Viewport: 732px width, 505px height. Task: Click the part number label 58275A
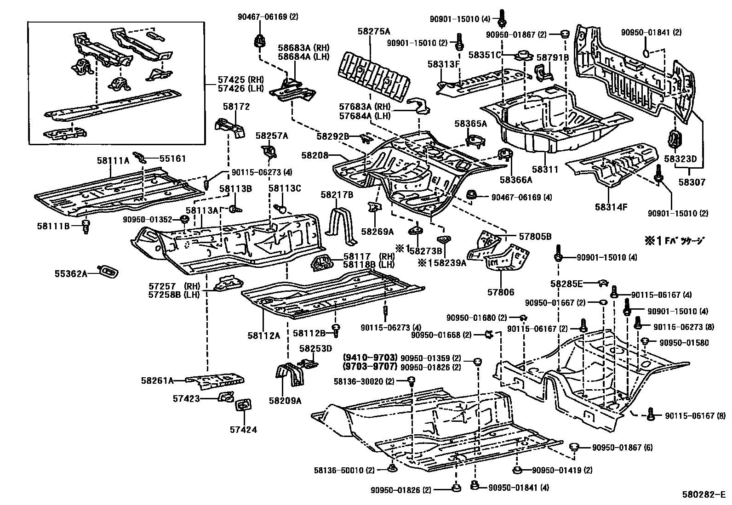point(373,31)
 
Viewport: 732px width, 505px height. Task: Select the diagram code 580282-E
point(703,495)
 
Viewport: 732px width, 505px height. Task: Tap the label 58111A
point(113,160)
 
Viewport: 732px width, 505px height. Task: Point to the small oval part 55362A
point(109,272)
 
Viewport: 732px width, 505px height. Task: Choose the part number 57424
point(243,430)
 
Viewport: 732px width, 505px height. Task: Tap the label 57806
point(501,292)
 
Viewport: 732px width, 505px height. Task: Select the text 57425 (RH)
point(234,80)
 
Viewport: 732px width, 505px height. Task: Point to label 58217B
point(337,195)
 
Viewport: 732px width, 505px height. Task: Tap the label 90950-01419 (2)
point(562,470)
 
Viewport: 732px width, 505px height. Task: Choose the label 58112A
point(264,335)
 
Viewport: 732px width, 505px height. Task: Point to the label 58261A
point(157,380)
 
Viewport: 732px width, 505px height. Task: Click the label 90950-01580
point(684,342)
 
